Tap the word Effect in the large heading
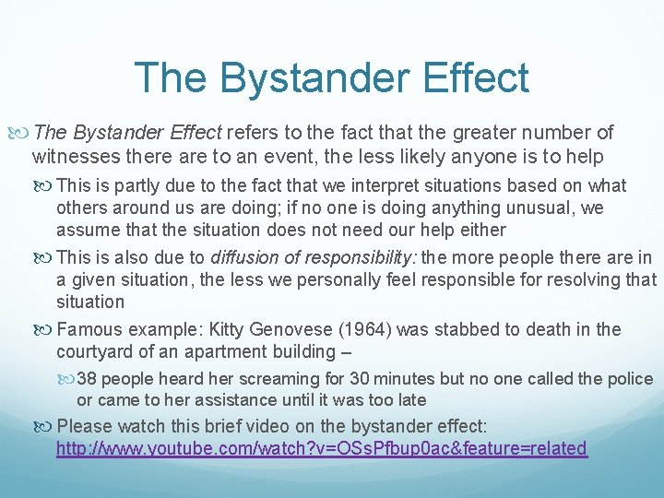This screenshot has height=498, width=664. [473, 77]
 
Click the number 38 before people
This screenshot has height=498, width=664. [89, 379]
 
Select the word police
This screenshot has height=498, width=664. [630, 379]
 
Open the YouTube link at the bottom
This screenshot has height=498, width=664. [321, 449]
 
